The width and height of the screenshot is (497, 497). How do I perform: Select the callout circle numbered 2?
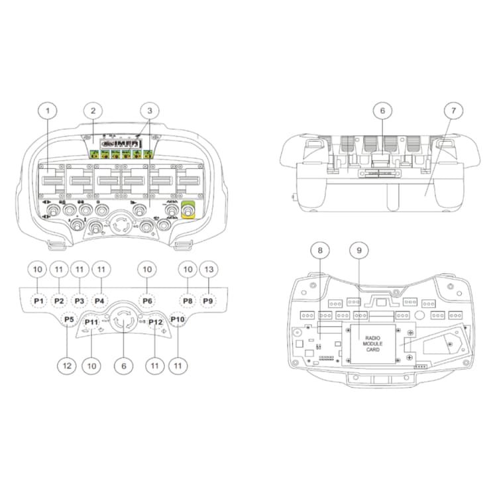[94, 111]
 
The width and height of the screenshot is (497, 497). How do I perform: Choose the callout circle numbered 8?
[320, 250]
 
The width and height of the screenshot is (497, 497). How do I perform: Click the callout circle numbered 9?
[359, 250]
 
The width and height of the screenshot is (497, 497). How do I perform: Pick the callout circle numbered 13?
[208, 270]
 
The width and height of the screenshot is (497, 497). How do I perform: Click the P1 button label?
[38, 301]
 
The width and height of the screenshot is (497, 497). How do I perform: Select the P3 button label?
[80, 301]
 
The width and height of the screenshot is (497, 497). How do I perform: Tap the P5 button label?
[68, 319]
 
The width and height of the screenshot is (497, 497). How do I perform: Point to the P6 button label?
[147, 301]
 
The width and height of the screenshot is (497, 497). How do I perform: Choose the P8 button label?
[188, 301]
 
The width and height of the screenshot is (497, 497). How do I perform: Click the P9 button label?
[208, 301]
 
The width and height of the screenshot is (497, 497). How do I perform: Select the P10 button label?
[178, 319]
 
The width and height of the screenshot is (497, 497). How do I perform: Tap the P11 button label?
[91, 322]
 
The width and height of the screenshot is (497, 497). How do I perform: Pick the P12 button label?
[156, 322]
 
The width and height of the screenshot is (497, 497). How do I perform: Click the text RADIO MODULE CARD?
[372, 343]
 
